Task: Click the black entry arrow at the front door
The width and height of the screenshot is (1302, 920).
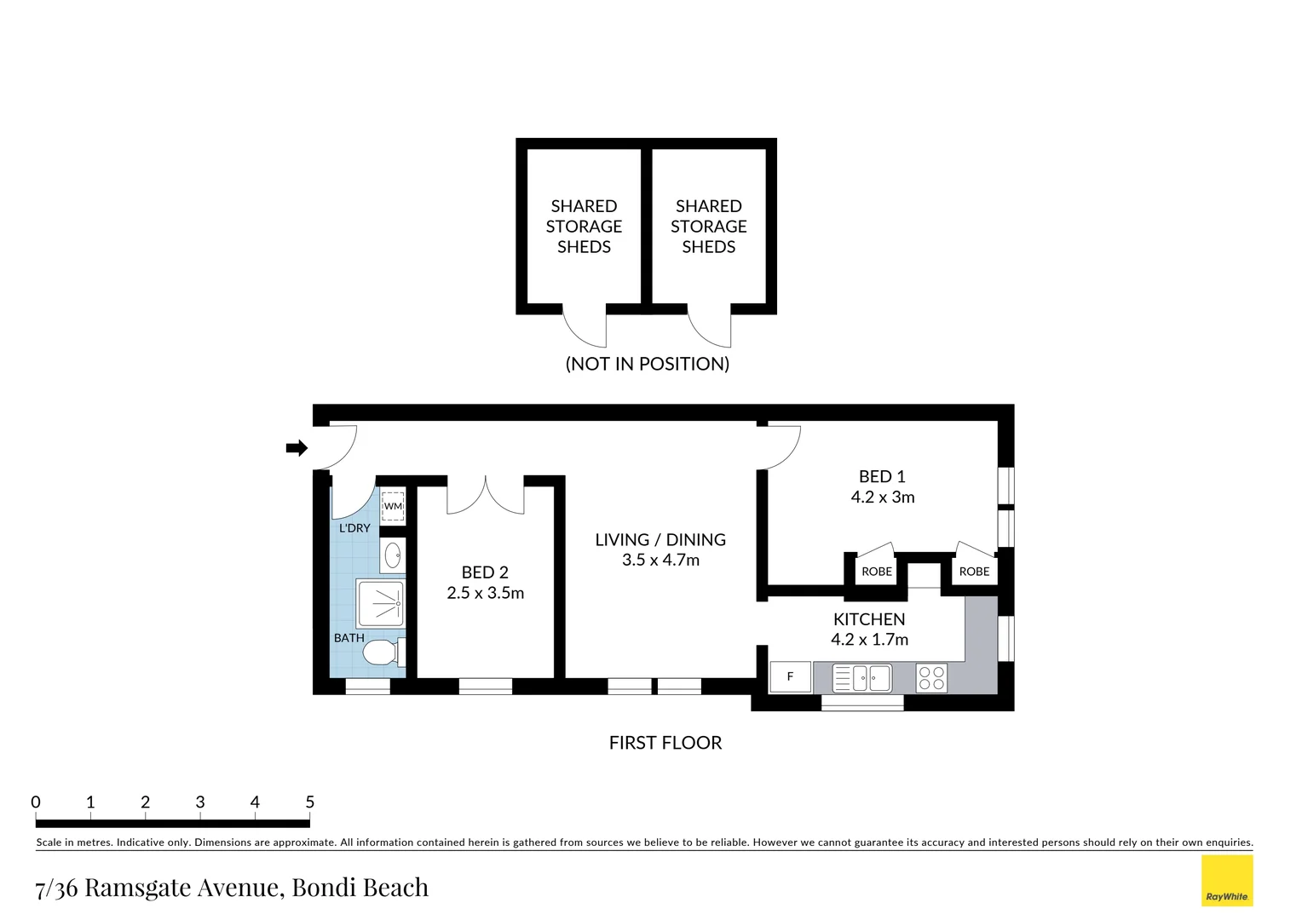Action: tap(297, 448)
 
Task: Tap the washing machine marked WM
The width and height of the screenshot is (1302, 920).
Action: tap(393, 506)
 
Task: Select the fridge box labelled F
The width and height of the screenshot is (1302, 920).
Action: tap(790, 676)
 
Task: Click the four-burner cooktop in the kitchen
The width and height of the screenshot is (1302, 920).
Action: tap(931, 678)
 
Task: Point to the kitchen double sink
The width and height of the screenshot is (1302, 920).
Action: tap(862, 678)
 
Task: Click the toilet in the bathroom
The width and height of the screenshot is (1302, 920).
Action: tap(383, 652)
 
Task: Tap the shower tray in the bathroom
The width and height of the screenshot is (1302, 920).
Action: tap(380, 604)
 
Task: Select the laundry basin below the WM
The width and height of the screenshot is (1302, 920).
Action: tap(393, 555)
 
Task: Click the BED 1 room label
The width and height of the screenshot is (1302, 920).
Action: tap(882, 476)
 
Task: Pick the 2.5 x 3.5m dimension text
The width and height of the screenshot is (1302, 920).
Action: tap(486, 593)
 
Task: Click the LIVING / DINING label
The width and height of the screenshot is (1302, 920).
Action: tap(660, 540)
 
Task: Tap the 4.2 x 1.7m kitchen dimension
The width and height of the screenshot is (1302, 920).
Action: tap(869, 639)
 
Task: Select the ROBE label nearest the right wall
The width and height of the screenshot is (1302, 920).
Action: tap(974, 572)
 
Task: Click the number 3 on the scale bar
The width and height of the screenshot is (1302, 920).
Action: tap(200, 802)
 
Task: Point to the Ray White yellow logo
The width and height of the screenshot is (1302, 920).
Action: tap(1227, 881)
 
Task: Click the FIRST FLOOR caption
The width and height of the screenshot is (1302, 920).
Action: tap(665, 743)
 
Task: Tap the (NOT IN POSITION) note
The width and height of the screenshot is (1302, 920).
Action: tap(648, 364)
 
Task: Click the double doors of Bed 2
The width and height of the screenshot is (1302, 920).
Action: tap(486, 495)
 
